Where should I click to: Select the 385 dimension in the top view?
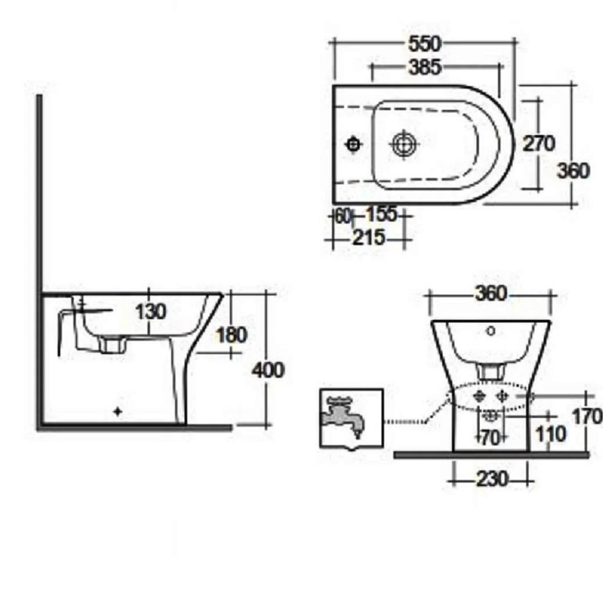click(424, 67)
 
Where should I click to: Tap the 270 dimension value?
click(539, 143)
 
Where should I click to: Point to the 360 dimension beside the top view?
click(573, 170)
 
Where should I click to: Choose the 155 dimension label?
click(381, 215)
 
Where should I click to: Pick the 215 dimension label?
click(368, 237)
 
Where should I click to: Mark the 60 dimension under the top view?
click(342, 216)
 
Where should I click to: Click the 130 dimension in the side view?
click(151, 312)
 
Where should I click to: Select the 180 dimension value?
click(232, 335)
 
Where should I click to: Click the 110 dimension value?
click(550, 434)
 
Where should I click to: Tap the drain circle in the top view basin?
click(403, 144)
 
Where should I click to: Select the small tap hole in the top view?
click(354, 144)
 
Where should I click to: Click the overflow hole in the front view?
click(490, 331)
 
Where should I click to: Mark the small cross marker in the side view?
click(118, 413)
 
